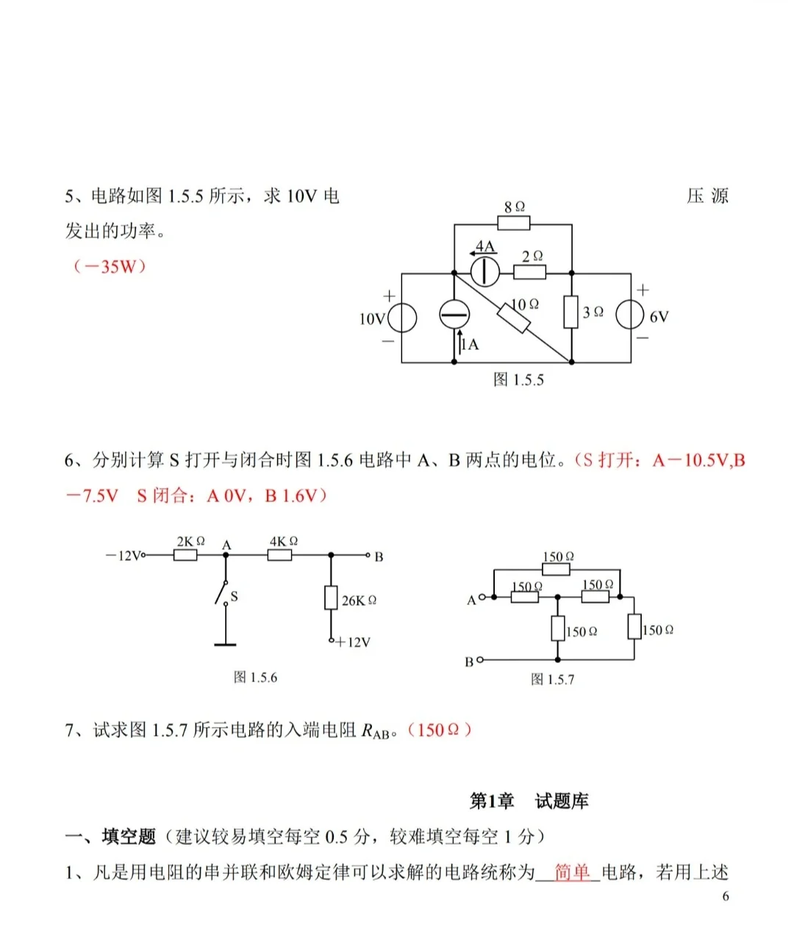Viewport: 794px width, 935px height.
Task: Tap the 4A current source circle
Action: pos(484,272)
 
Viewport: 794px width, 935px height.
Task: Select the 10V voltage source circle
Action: pos(402,318)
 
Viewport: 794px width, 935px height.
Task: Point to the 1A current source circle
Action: pos(454,315)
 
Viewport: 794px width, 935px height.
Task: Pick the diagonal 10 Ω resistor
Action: pos(513,318)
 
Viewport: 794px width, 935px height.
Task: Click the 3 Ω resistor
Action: pos(571,312)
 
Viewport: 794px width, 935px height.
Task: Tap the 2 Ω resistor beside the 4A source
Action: pos(529,272)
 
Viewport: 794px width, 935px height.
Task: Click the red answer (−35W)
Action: pos(109,266)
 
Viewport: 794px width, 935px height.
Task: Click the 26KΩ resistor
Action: pos(331,598)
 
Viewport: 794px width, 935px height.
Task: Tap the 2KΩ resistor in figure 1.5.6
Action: pos(185,555)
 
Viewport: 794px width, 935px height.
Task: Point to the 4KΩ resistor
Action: pos(279,555)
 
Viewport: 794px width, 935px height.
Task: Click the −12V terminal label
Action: pos(122,556)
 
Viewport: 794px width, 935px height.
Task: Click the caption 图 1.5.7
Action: pos(552,679)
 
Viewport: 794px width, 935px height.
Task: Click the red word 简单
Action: pos(572,872)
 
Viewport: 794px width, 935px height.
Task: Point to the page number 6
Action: pos(726,896)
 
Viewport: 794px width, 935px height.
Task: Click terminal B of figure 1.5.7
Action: pos(480,660)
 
